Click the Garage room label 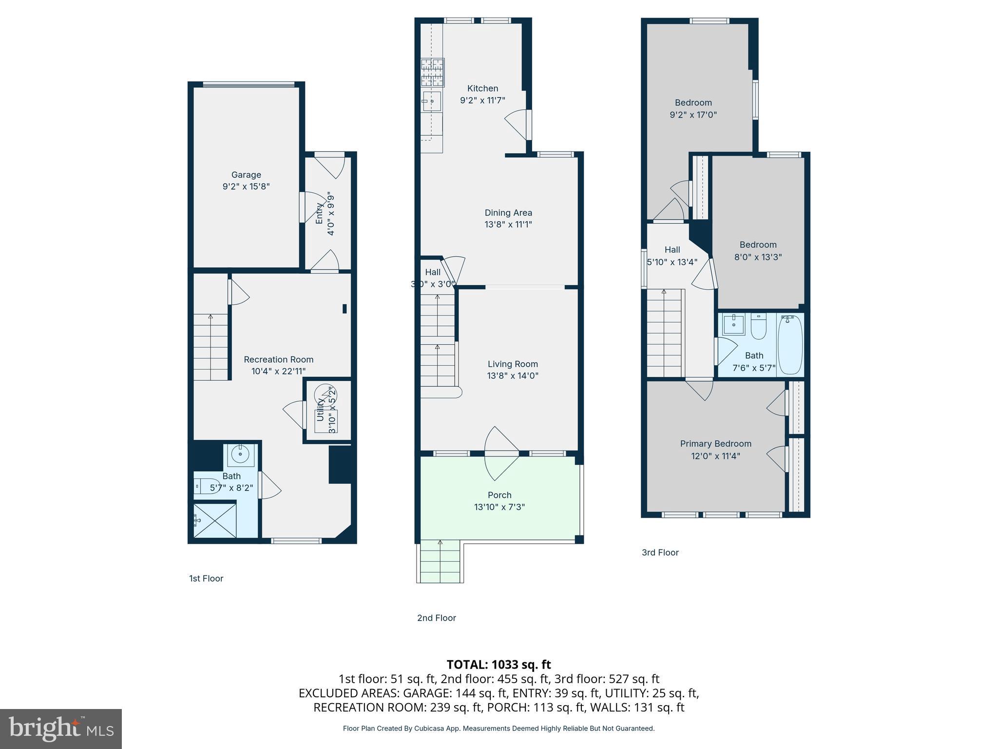tap(246, 175)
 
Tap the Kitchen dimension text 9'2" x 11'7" tap(482, 100)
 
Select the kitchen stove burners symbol tap(432, 72)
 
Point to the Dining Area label tap(508, 213)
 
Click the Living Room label tap(513, 364)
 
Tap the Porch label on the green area tap(499, 495)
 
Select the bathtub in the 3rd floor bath tap(790, 344)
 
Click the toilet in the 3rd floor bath tap(759, 327)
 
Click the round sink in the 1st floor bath tap(240, 454)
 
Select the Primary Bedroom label tap(715, 444)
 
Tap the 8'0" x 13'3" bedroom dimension tap(758, 257)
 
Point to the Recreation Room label tap(278, 359)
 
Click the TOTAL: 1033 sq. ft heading tap(499, 665)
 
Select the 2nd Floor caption tap(436, 618)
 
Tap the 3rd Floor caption tap(660, 552)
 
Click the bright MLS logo tap(61, 729)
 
